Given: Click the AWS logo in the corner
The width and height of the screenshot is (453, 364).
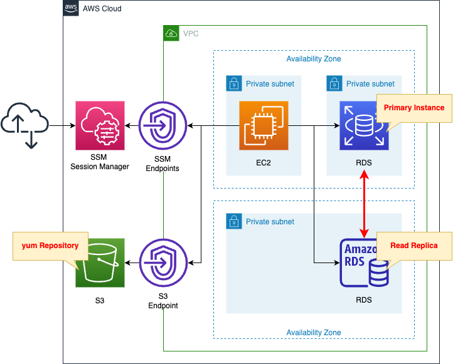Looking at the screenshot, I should point(71,8).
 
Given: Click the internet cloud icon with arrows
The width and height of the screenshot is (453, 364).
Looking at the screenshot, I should point(24,125).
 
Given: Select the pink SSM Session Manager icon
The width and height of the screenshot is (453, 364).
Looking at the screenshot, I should point(100,125).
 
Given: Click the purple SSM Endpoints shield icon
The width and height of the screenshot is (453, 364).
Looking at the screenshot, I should point(163,125).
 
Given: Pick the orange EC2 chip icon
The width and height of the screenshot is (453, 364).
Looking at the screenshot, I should point(264,125).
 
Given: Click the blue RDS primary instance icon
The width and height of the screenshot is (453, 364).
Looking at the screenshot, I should point(364,125).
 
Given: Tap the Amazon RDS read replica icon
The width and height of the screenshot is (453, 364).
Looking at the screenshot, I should point(364,263).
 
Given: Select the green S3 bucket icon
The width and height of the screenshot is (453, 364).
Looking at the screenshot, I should point(100,263).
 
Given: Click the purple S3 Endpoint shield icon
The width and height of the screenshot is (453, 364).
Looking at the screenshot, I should point(163,263).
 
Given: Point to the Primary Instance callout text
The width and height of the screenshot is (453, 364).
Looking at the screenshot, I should point(413,108).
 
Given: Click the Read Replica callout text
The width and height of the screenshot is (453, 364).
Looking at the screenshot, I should point(413,246).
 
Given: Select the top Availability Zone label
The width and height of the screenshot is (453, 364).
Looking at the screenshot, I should point(314,59).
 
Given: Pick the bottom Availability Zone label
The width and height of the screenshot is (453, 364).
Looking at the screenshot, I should point(314,332).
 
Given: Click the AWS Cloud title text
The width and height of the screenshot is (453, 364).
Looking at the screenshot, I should point(102,9).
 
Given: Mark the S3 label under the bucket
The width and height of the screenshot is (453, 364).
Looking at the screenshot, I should point(100,301).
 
